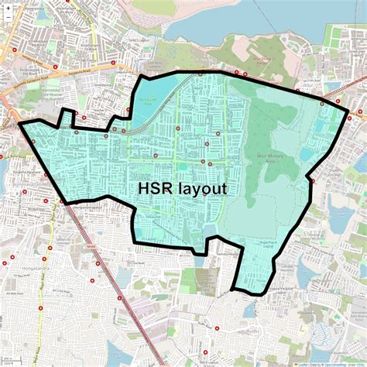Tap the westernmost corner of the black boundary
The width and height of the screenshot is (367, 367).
point(19,124)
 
